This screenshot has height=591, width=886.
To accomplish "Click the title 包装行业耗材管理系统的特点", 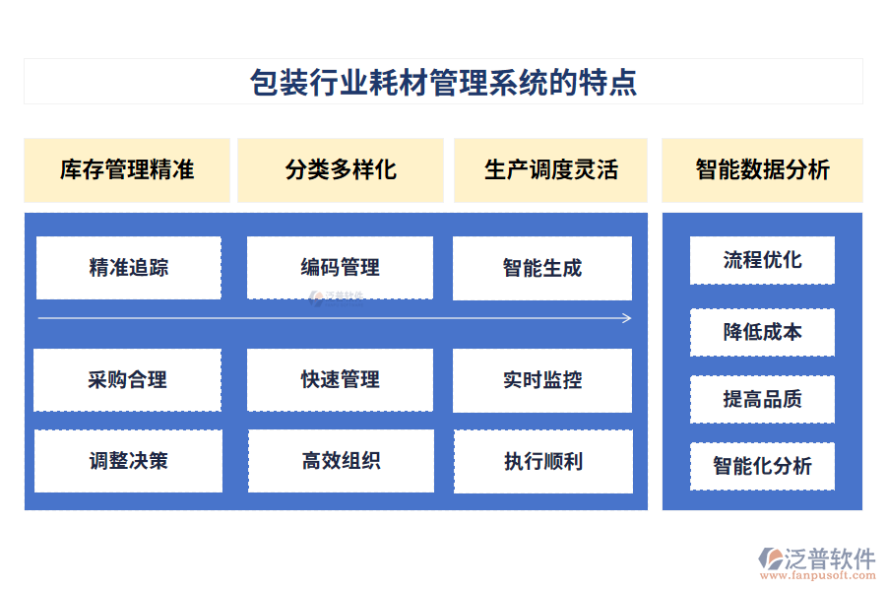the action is click(x=444, y=82).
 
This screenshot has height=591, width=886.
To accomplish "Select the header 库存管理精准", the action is click(x=127, y=170).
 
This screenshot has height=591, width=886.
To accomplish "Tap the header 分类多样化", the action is click(x=341, y=170).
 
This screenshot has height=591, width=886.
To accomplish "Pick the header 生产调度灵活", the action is click(x=551, y=170).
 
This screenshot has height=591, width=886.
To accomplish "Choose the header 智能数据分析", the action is click(x=762, y=170).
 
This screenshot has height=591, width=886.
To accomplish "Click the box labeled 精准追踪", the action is click(x=129, y=268).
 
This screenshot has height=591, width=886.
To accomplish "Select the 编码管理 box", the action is click(x=341, y=268).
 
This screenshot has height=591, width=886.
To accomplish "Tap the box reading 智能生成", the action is click(x=542, y=268).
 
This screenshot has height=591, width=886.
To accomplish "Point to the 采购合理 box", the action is click(x=128, y=380).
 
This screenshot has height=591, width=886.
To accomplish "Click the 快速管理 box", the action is click(x=341, y=380).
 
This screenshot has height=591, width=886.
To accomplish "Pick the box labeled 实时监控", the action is click(x=542, y=380).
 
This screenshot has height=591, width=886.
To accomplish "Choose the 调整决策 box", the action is click(x=128, y=461).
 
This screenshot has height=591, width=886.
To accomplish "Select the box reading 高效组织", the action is click(x=342, y=461).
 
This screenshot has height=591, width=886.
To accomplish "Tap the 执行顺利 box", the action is click(x=543, y=462).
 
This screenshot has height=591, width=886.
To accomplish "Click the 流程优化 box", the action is click(x=762, y=260).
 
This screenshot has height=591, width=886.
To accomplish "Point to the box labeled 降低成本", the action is click(x=762, y=333).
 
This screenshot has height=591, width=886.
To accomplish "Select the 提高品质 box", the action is click(x=762, y=399).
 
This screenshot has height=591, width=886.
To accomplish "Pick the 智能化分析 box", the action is click(x=762, y=466).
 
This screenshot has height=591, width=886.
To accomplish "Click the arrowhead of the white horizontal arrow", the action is click(x=629, y=318).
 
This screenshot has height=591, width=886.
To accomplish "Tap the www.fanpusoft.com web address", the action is click(x=818, y=575).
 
